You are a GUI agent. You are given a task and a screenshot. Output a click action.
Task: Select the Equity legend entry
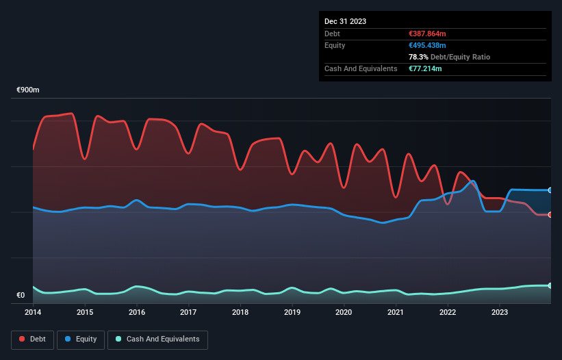coord(81,339)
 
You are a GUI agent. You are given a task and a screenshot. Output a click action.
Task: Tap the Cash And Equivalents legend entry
coord(157,339)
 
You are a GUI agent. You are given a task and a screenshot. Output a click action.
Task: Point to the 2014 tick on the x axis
coord(33,312)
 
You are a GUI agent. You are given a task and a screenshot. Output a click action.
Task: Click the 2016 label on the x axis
coord(137,312)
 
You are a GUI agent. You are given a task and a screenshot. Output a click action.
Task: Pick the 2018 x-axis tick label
coord(240,312)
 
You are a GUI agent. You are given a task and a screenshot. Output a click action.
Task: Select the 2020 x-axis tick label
coord(344,312)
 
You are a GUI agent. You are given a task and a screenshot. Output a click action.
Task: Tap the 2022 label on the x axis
coord(448,312)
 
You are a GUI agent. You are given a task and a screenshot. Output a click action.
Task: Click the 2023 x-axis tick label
coord(500,312)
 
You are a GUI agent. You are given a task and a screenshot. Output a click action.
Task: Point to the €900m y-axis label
coord(28,90)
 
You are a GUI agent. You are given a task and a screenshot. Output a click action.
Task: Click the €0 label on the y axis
coord(21,296)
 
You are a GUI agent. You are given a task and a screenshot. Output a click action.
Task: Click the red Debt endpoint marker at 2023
coord(550,215)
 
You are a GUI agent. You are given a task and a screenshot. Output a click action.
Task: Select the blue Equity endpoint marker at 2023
coord(550,190)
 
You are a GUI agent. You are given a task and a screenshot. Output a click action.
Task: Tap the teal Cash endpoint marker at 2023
coord(550,285)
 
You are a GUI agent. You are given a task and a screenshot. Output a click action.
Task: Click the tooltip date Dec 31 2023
coord(346,21)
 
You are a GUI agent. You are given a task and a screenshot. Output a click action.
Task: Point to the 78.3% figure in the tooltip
coord(417,57)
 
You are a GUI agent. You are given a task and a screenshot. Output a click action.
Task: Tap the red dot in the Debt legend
coord(23,339)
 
